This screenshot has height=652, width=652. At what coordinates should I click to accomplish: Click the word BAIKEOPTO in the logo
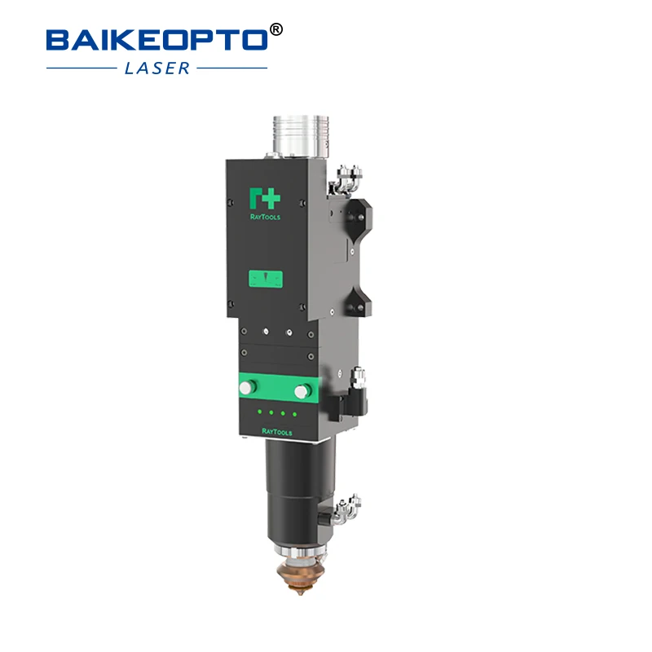pos(155,38)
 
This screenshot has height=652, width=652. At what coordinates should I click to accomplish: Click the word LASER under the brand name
pos(157,68)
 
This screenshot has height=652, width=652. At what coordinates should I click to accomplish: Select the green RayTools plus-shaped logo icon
pos(264,198)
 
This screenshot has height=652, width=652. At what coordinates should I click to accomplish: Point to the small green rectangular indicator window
pos(266,280)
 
